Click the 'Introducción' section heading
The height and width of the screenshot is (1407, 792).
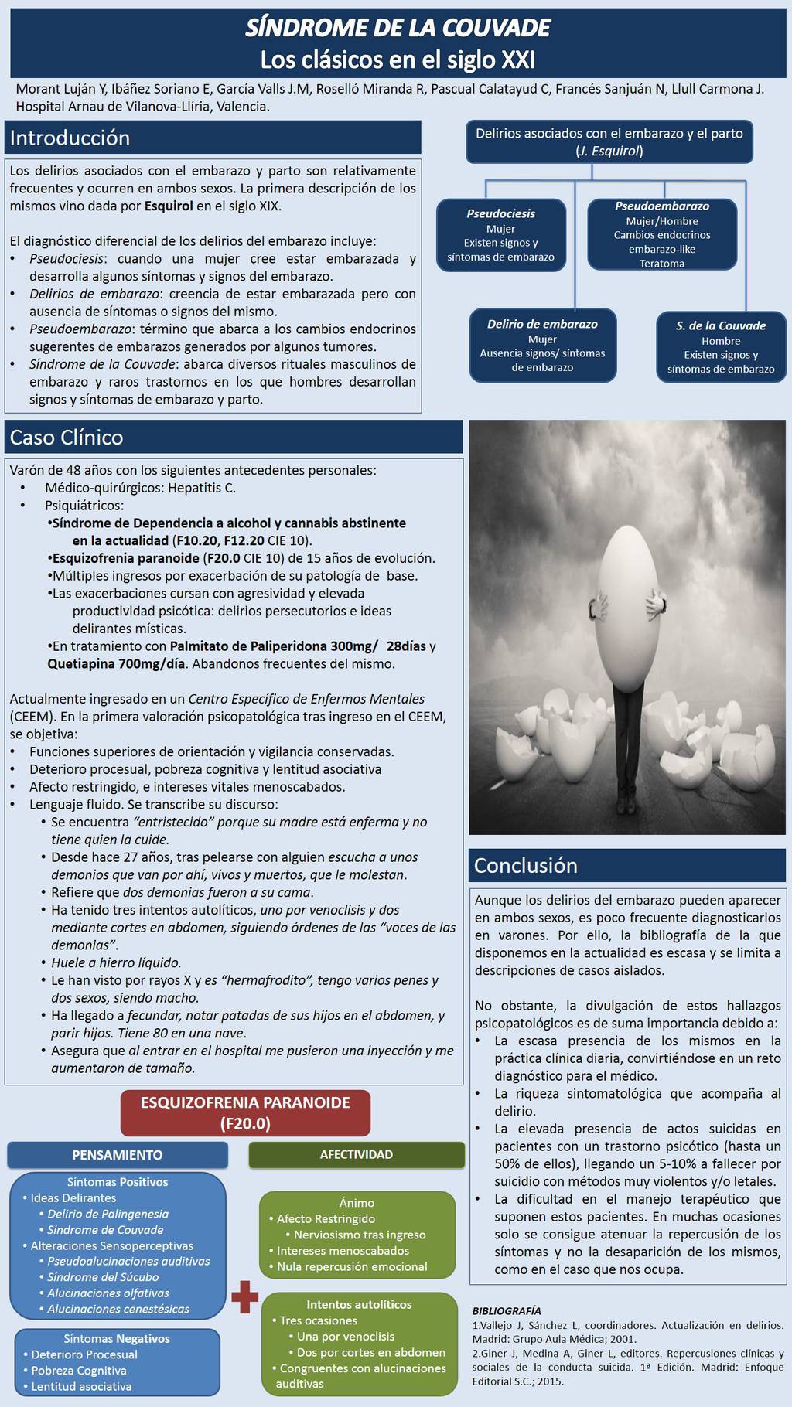click(70, 138)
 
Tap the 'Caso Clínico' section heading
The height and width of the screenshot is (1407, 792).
click(67, 438)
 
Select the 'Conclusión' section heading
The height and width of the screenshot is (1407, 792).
click(525, 865)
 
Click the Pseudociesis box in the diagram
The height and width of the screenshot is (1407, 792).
click(500, 235)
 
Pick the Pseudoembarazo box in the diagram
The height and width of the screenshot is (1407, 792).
click(662, 234)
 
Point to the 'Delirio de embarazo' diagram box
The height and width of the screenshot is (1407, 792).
click(542, 346)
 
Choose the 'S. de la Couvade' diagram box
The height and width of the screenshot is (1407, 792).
click(721, 347)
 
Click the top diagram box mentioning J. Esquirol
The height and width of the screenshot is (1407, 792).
click(609, 141)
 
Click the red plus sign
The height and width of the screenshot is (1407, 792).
click(244, 1296)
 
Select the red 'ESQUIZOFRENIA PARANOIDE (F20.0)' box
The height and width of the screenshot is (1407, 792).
click(245, 1112)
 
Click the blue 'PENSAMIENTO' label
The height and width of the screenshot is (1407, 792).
click(118, 1155)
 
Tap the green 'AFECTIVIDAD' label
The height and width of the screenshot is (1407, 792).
click(357, 1154)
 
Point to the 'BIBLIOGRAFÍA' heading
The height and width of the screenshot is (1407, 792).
click(507, 1310)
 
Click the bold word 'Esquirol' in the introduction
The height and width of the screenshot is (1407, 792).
click(169, 206)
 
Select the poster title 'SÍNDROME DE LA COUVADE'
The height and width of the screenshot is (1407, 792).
click(398, 29)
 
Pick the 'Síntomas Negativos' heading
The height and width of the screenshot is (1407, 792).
click(117, 1338)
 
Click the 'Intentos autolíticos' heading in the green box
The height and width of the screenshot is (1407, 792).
click(359, 1304)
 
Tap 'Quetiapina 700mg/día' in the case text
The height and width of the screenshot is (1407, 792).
click(117, 663)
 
